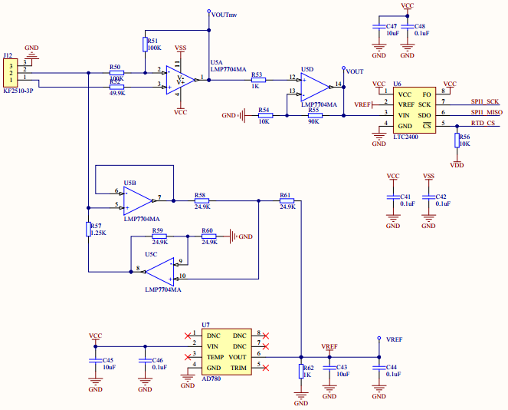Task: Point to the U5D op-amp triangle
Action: tap(313, 84)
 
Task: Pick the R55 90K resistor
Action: tap(314, 115)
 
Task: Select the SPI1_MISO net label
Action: tap(485, 113)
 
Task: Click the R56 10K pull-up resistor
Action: tap(457, 141)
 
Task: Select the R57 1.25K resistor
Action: tap(89, 229)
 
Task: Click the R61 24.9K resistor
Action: tap(287, 201)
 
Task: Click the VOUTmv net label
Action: tap(224, 14)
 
